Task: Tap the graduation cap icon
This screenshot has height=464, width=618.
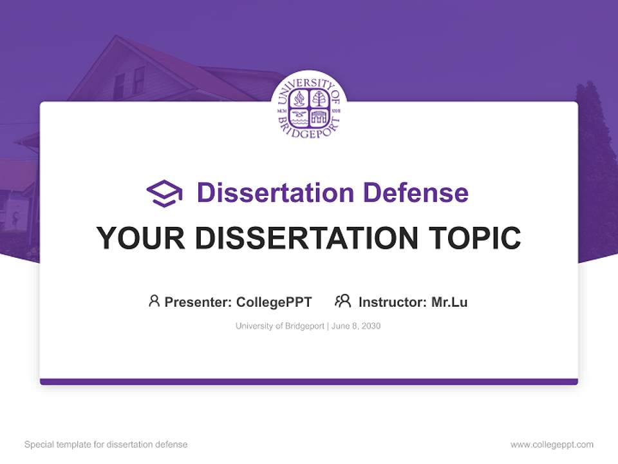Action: pyautogui.click(x=164, y=193)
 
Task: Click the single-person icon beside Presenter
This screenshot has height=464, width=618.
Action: pyautogui.click(x=154, y=301)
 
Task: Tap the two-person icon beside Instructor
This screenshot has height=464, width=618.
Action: pyautogui.click(x=342, y=301)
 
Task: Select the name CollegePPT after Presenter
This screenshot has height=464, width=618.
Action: pyautogui.click(x=274, y=302)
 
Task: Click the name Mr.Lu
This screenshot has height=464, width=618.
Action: pyautogui.click(x=449, y=302)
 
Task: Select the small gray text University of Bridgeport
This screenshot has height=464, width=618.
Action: pyautogui.click(x=280, y=326)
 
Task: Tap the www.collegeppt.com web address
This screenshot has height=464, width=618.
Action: pyautogui.click(x=552, y=445)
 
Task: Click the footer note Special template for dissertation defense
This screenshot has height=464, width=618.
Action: pyautogui.click(x=106, y=445)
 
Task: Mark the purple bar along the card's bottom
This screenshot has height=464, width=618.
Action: pyautogui.click(x=309, y=382)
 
